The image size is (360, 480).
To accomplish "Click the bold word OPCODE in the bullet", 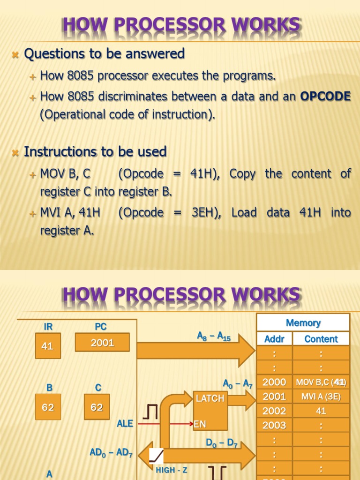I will click(325, 97).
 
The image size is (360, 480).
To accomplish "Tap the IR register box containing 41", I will click(47, 346).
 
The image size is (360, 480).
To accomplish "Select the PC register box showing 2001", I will click(102, 343).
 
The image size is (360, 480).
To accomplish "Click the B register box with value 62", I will click(48, 407).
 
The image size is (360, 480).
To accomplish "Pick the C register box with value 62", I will click(97, 407).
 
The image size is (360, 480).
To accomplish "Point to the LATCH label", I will click(210, 398).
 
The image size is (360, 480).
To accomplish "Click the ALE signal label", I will click(125, 424).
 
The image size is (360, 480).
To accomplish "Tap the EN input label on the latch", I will click(200, 424).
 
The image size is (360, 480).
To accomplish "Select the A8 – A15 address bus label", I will click(214, 337).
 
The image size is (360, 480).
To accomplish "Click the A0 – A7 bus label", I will click(238, 385).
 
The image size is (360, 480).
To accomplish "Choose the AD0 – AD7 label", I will click(111, 453).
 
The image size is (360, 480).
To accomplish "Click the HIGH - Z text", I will click(172, 470).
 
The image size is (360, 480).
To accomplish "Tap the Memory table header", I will click(303, 323).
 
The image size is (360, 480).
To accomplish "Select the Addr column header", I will click(274, 339).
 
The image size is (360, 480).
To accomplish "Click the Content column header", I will click(321, 339).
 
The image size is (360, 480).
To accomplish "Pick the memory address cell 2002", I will click(274, 411).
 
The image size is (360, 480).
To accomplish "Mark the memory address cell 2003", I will click(274, 426).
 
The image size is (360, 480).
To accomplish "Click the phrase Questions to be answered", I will click(104, 54).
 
